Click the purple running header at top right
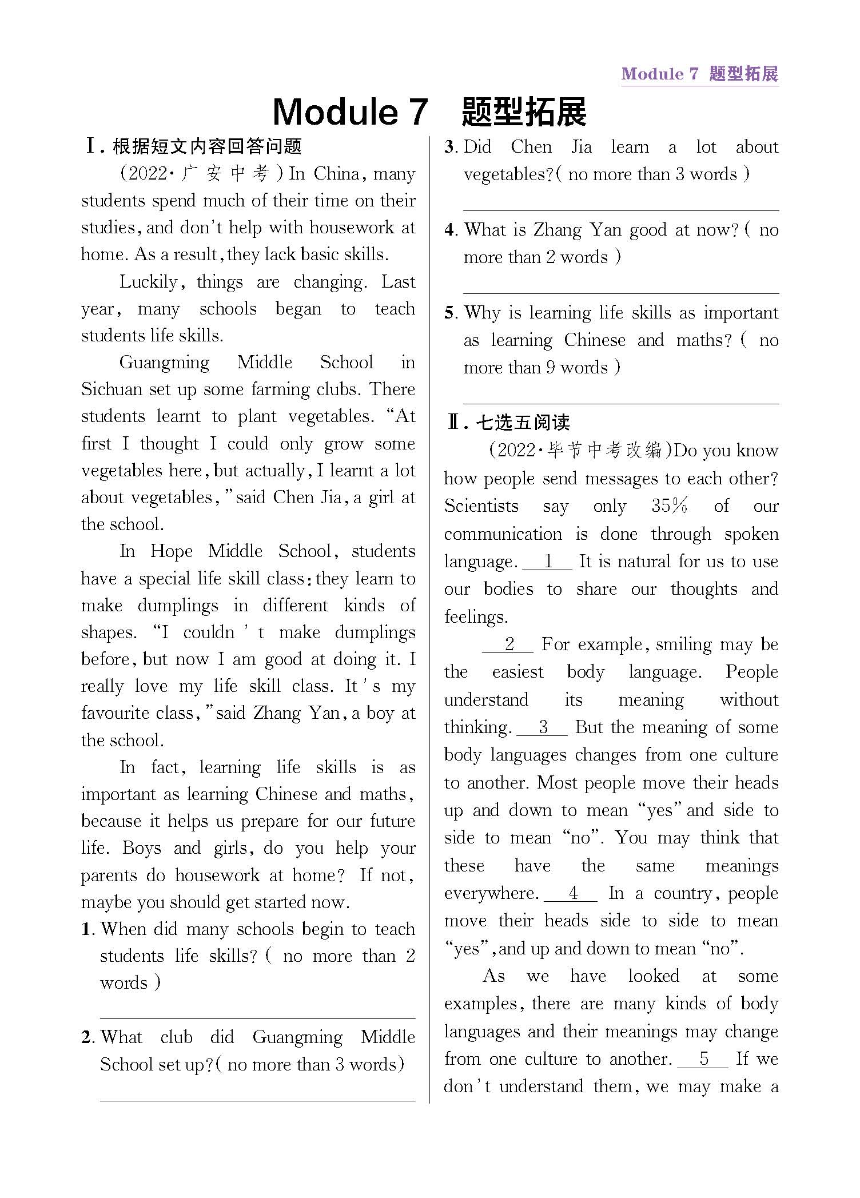point(699,74)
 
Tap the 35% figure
point(670,506)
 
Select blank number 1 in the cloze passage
point(548,562)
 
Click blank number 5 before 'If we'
point(703,1058)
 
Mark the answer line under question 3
point(620,210)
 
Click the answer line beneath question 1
point(257,1018)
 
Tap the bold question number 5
point(450,313)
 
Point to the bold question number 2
point(86,1037)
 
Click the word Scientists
point(481,506)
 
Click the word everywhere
point(491,893)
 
